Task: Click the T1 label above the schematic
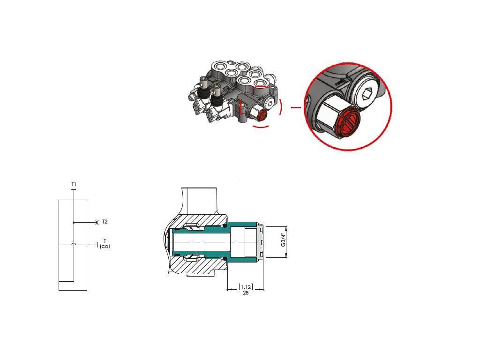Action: click(x=74, y=184)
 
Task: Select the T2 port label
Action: click(x=105, y=222)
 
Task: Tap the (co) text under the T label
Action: click(x=105, y=246)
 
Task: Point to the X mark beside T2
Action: click(x=97, y=223)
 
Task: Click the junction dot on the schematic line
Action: click(x=74, y=223)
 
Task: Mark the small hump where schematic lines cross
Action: click(x=74, y=244)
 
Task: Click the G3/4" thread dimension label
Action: click(x=283, y=240)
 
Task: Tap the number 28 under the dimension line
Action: click(x=246, y=293)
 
